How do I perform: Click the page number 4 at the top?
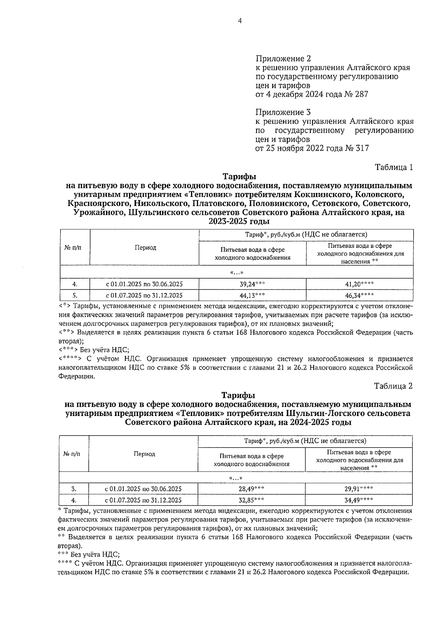240,21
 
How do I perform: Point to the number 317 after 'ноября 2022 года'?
362,148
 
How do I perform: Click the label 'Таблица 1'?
393,167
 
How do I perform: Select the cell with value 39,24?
252,284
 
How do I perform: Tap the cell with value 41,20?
359,284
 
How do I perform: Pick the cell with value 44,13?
252,295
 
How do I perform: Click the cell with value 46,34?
359,295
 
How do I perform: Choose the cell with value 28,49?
251,489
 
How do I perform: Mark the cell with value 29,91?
358,489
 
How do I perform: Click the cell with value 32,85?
251,500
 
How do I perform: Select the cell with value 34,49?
358,500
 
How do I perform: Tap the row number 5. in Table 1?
75,295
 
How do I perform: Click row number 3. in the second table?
74,489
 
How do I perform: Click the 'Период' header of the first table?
145,247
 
